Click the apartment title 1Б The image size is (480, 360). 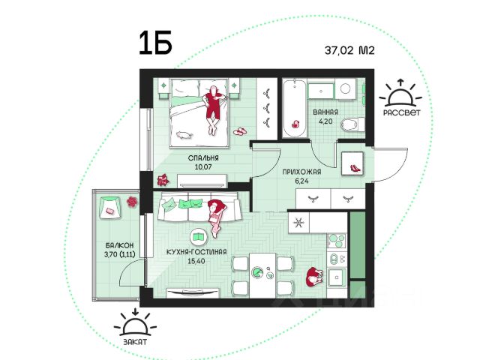pyautogui.click(x=155, y=43)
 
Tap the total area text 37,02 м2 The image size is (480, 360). pyautogui.click(x=349, y=50)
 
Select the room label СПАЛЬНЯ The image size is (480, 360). pyautogui.click(x=203, y=158)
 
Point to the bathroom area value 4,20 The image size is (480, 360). pyautogui.click(x=325, y=121)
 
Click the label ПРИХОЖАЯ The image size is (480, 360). pyautogui.click(x=301, y=172)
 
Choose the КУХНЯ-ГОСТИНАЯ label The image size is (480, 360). pyautogui.click(x=196, y=252)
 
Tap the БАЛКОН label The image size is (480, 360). pyautogui.click(x=120, y=245)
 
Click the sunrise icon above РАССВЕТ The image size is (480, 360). pyautogui.click(x=400, y=94)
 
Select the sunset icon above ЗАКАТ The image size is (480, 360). pyautogui.click(x=135, y=323)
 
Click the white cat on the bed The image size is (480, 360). pyautogui.click(x=184, y=135)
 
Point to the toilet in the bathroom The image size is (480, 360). pyautogui.click(x=352, y=124)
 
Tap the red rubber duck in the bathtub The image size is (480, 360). pyautogui.click(x=295, y=124)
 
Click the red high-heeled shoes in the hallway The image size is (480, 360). pyautogui.click(x=355, y=168)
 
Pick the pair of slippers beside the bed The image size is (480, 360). pyautogui.click(x=239, y=132)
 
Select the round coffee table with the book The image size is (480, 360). pyautogui.click(x=199, y=237)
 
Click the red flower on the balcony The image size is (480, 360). pyautogui.click(x=132, y=202)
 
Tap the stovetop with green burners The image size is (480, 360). pyautogui.click(x=337, y=241)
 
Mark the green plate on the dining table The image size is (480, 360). pyautogui.click(x=257, y=272)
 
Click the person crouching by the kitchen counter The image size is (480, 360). pyautogui.click(x=313, y=277)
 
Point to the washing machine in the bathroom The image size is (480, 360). pyautogui.click(x=346, y=88)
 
